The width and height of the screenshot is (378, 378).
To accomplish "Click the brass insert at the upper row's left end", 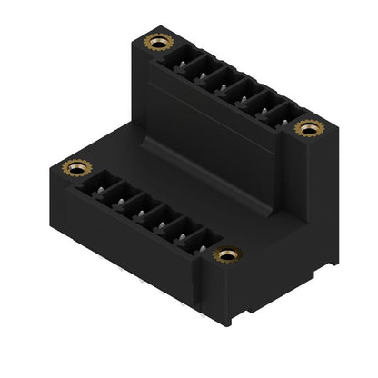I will (158, 43).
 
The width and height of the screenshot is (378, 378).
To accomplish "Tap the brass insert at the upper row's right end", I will (309, 128).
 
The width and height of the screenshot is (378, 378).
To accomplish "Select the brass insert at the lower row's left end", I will (75, 167).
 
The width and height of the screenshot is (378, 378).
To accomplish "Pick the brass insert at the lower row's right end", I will (226, 254).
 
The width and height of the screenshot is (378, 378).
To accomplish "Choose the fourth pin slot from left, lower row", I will (158, 221).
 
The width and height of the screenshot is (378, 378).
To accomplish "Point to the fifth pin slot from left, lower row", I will (178, 232).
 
